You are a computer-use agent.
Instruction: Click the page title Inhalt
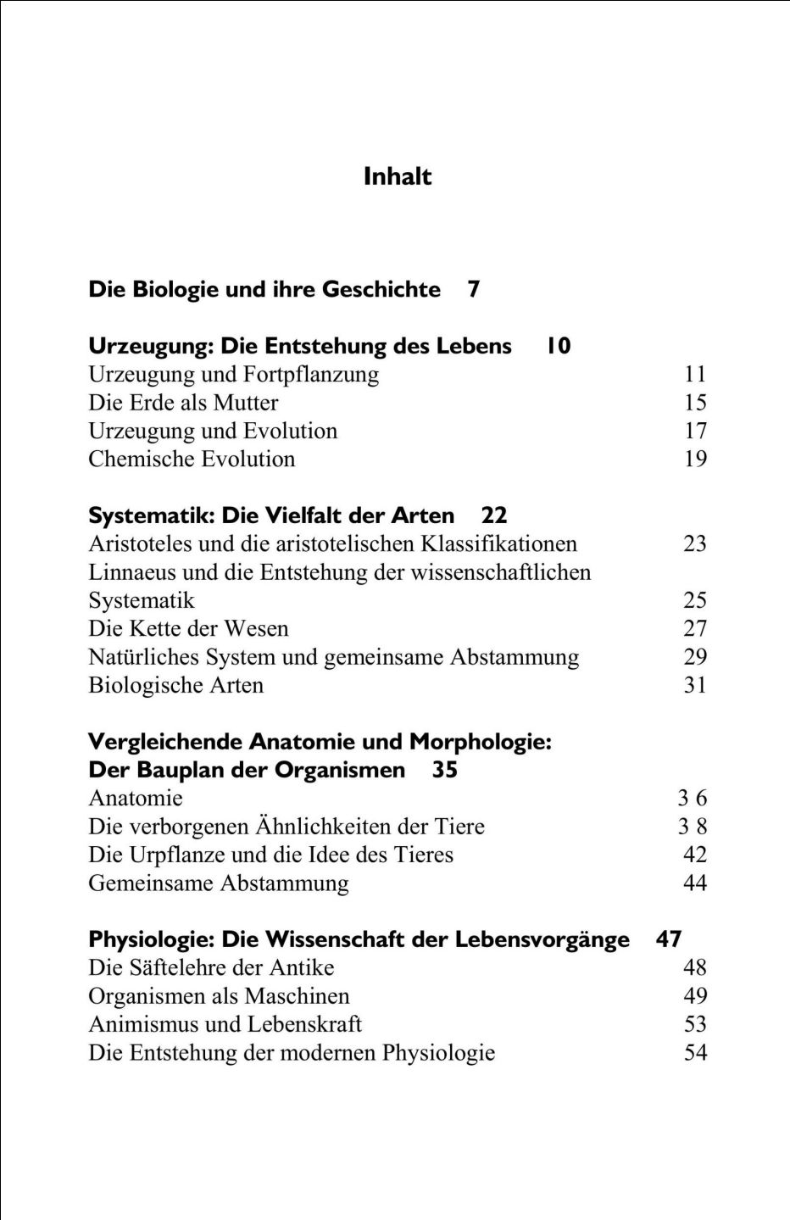click(x=398, y=176)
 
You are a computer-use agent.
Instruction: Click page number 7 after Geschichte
click(x=474, y=289)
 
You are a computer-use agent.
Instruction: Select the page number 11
click(x=695, y=374)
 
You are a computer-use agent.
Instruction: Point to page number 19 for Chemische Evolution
click(x=695, y=459)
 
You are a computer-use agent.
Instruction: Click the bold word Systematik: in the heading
click(x=152, y=515)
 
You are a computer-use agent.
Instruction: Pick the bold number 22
click(x=494, y=515)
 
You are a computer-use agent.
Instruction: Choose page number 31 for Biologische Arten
click(x=695, y=685)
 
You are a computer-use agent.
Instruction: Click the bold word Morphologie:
click(x=481, y=742)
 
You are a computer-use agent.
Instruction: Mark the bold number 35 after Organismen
click(x=445, y=770)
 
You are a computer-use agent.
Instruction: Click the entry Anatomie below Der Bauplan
click(x=136, y=798)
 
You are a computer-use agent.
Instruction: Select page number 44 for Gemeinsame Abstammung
click(x=695, y=883)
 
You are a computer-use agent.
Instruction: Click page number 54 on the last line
click(x=695, y=1052)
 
